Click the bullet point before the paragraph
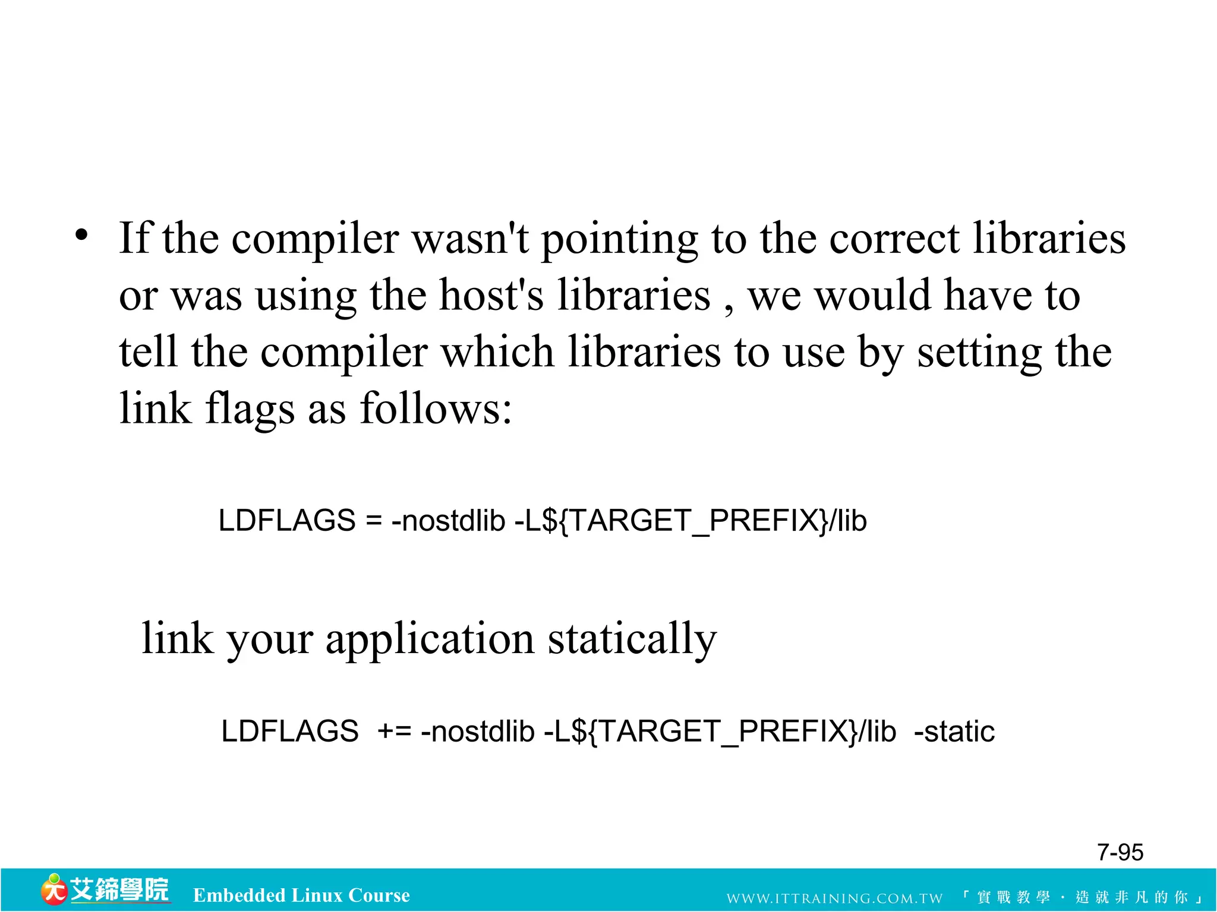tap(81, 236)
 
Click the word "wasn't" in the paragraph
tap(470, 239)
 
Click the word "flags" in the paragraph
tap(250, 410)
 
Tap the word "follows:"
tap(436, 408)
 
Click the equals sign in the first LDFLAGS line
tap(373, 521)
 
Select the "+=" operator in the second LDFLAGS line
tap(395, 731)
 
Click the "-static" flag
tap(954, 731)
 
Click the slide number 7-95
tap(1120, 853)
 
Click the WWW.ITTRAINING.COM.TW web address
tap(834, 898)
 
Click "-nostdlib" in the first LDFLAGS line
tap(448, 521)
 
